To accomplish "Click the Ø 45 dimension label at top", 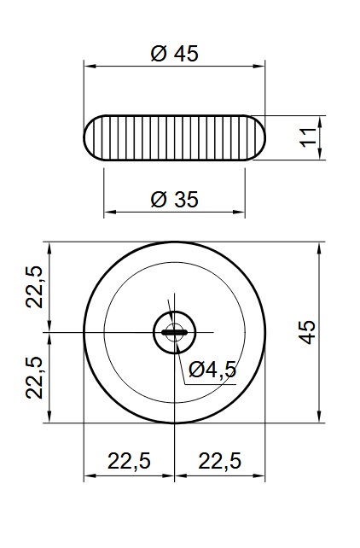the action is (x=175, y=54).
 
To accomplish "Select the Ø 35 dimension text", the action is (x=175, y=199).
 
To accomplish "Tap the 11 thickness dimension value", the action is (x=309, y=137).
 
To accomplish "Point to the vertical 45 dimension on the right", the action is (x=307, y=332).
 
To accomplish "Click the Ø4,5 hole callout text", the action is (x=212, y=370).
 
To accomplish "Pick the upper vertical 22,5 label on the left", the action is (x=34, y=287).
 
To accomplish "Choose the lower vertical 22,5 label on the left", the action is (x=34, y=378).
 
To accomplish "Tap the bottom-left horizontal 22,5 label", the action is (x=129, y=461).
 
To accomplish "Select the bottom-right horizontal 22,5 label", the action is (x=219, y=461).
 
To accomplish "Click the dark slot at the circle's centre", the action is (x=174, y=332).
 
